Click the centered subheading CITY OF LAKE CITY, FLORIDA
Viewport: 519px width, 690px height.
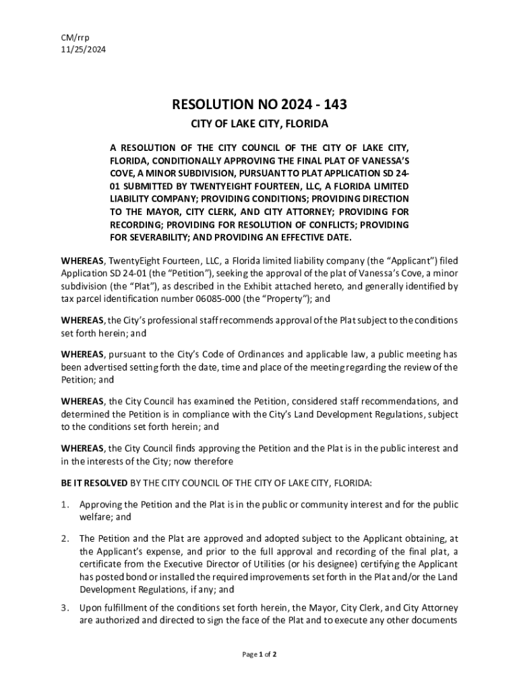(259, 125)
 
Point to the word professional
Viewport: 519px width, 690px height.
(177, 320)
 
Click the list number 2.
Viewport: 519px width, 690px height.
(65, 538)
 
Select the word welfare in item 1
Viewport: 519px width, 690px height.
(94, 517)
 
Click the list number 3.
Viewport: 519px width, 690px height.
(65, 608)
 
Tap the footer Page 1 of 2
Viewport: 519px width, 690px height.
(259, 654)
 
